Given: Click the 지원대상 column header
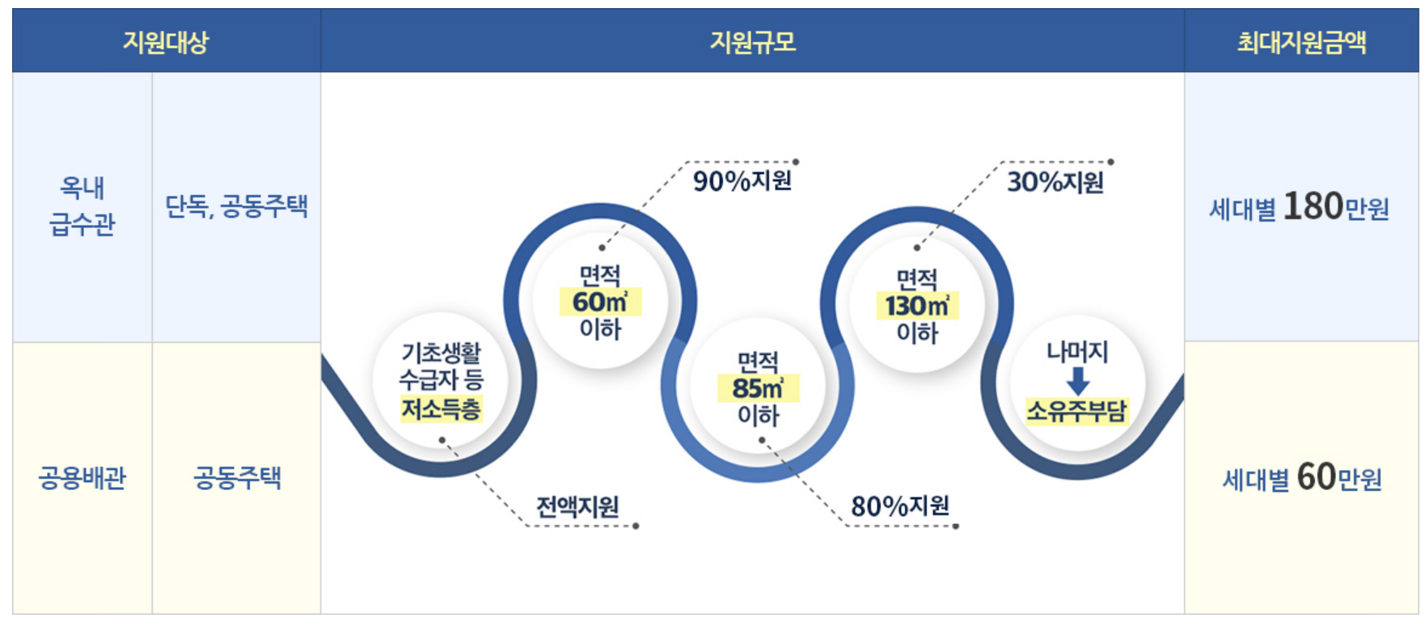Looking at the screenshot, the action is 166,41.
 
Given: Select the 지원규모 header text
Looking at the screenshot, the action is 752,41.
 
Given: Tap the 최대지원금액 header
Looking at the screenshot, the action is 1301,41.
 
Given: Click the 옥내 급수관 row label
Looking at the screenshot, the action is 82,206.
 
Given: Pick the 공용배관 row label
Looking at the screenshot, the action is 82,478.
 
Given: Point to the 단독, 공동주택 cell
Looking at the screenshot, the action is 236,206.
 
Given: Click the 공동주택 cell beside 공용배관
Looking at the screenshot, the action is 236,478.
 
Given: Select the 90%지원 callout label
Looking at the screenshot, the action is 742,181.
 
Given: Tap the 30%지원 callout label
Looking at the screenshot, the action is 1055,182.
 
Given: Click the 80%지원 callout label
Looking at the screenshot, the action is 899,506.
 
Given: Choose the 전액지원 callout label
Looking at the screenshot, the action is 577,507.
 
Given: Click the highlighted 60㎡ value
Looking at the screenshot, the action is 599,303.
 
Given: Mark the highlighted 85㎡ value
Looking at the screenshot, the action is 758,388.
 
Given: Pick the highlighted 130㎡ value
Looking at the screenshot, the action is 916,307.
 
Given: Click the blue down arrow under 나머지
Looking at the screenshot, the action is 1077,380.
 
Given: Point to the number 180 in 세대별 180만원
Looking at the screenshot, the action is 1313,206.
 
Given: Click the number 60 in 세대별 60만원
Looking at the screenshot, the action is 1316,477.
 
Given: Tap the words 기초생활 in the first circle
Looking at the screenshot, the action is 441,353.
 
